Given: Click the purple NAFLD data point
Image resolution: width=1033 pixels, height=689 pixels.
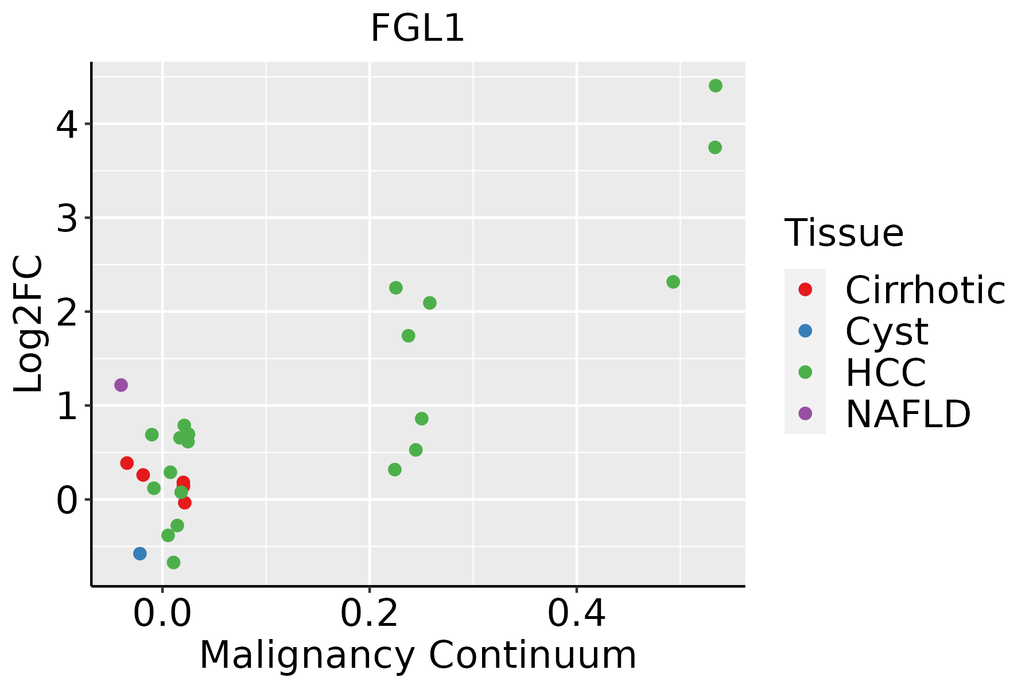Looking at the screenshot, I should [x=121, y=385].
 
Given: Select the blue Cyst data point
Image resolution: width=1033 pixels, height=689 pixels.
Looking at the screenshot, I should [x=139, y=553].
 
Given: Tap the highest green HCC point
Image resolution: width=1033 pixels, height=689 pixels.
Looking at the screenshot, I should [x=715, y=86].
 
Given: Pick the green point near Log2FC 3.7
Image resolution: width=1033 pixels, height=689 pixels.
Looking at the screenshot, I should [x=714, y=148].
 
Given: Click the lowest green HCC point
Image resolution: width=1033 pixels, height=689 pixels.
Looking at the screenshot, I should [x=173, y=562].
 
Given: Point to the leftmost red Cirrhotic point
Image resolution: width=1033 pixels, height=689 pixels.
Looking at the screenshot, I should [x=127, y=463].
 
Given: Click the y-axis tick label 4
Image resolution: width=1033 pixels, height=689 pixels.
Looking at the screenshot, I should [x=67, y=125].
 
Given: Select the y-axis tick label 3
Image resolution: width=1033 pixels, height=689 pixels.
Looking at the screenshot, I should [x=67, y=219].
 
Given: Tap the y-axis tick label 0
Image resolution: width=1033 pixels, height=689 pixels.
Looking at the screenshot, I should [x=67, y=500].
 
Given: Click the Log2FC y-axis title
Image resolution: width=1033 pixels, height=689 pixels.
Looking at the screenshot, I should [x=29, y=324].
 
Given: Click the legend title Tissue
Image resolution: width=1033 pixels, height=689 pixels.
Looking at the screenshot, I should [x=844, y=233].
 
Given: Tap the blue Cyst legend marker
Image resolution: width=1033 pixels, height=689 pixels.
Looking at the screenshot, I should [x=805, y=331].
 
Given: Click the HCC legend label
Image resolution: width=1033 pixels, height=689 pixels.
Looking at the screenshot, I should [x=886, y=373].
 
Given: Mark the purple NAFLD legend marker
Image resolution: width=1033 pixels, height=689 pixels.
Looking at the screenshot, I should [x=805, y=413].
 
